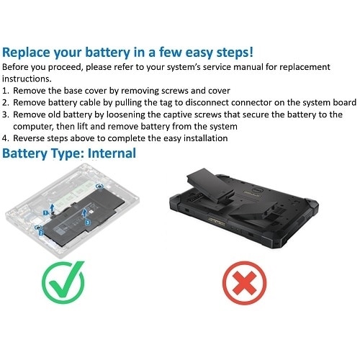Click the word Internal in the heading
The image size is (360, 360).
[x=107, y=153]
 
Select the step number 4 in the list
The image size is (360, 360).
[x=6, y=138]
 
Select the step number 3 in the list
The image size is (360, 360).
[x=6, y=114]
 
